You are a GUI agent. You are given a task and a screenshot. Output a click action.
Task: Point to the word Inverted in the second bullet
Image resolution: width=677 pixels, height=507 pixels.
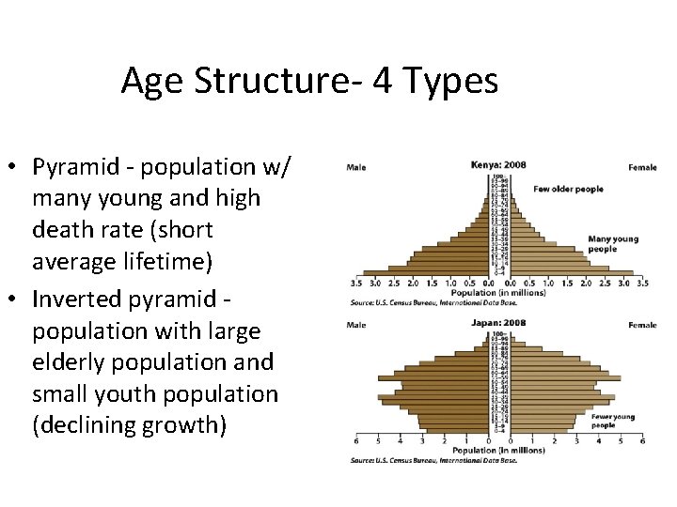73,299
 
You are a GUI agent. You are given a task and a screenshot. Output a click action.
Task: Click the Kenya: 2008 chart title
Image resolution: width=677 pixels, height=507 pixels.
498,166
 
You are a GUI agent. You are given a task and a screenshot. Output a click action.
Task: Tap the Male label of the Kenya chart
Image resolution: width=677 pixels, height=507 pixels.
356,168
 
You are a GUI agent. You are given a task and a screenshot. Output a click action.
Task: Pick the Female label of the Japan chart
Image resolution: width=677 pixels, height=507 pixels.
642,326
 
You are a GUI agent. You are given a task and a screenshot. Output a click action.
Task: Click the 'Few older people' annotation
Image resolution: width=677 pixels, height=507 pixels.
568,190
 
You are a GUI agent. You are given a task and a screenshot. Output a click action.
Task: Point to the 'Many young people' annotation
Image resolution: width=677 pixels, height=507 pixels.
612,244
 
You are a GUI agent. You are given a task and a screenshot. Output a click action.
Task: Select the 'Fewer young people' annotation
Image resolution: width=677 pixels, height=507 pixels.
614,421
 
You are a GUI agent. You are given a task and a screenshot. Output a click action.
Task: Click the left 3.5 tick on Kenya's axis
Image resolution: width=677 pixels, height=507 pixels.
356,283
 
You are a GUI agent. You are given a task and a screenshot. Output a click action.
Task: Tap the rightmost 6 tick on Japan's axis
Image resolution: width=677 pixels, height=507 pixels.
642,440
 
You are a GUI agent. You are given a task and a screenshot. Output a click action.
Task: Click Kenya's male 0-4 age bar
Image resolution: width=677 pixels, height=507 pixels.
428,272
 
